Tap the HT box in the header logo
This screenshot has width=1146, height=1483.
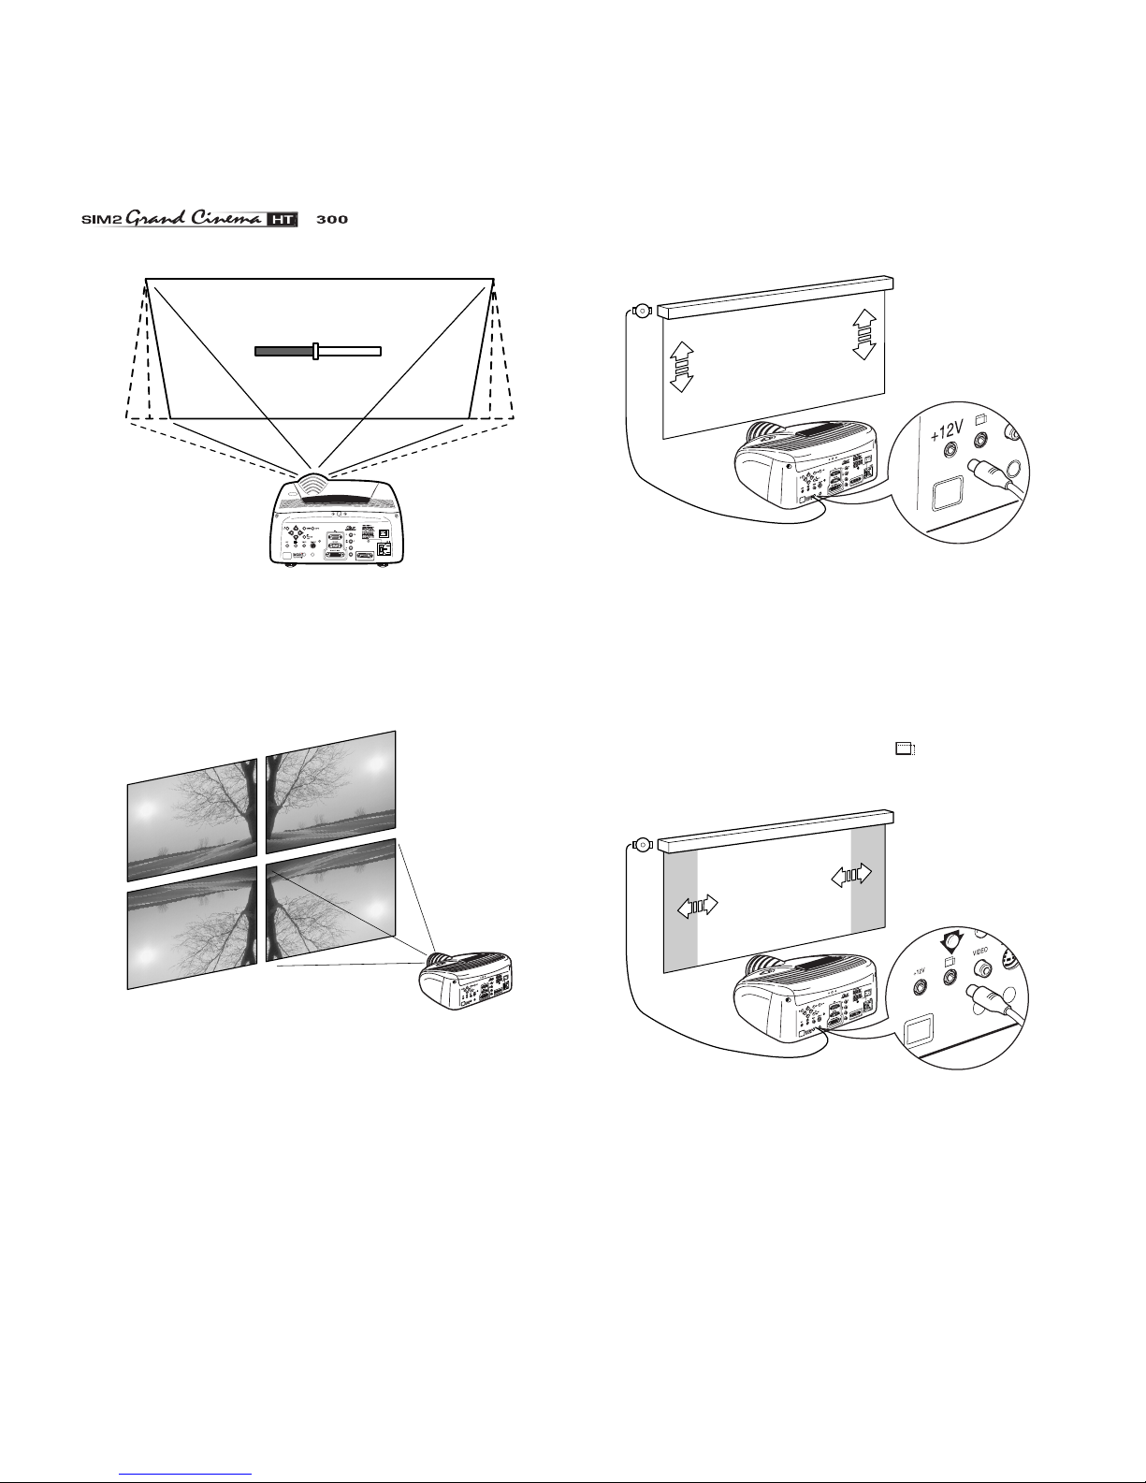(x=282, y=221)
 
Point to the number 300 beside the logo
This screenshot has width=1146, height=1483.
(x=332, y=221)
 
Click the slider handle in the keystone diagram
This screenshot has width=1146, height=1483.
(x=316, y=351)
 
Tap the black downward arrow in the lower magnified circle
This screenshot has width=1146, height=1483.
(x=950, y=939)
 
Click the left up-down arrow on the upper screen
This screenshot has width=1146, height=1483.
(x=682, y=366)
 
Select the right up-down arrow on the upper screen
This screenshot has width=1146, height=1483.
(x=864, y=333)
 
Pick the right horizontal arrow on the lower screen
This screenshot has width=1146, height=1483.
(x=851, y=874)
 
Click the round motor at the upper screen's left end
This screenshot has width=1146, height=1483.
(x=642, y=312)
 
